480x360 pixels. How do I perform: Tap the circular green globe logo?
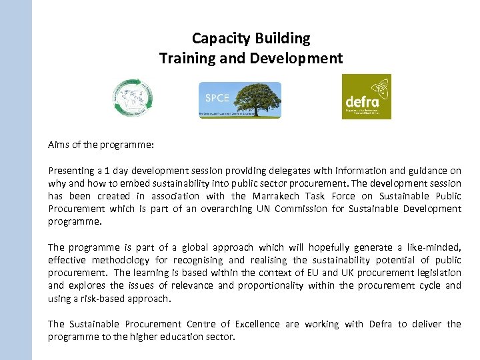pyautogui.click(x=132, y=98)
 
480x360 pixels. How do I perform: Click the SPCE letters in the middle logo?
pyautogui.click(x=217, y=97)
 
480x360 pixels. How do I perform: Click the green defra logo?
pyautogui.click(x=366, y=97)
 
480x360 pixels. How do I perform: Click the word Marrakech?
pyautogui.click(x=275, y=196)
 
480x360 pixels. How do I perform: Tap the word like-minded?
pyautogui.click(x=433, y=247)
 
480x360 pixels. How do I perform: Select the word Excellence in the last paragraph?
pyautogui.click(x=252, y=324)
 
